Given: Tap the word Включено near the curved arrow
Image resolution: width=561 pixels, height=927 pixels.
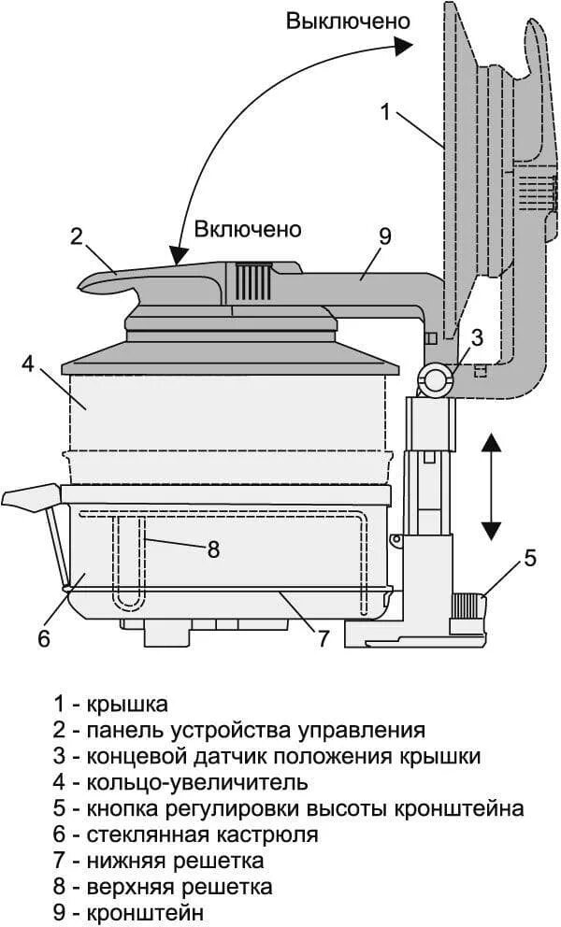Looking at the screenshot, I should coord(248,229).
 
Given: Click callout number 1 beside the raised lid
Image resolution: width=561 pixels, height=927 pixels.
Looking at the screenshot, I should coord(385,112).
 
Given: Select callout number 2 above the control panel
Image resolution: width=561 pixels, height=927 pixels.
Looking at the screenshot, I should coord(78,235).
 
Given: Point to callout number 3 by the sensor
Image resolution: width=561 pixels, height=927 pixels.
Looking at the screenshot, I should coord(477,337).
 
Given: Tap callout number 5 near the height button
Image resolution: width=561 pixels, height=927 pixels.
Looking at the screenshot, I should coord(530,559).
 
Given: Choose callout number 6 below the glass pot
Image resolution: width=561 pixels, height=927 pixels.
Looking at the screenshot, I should coord(42,639).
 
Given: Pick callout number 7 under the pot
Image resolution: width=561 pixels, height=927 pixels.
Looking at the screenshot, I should coord(324,639).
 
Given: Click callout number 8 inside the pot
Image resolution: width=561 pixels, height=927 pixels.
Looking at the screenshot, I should coord(213,549).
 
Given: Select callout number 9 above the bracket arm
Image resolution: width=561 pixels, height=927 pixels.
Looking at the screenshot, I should coord(384,235).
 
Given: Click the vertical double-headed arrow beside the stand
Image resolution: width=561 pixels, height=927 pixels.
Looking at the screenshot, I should coord(491,485).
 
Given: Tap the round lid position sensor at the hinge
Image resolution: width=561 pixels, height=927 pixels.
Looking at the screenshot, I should coord(436,378).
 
